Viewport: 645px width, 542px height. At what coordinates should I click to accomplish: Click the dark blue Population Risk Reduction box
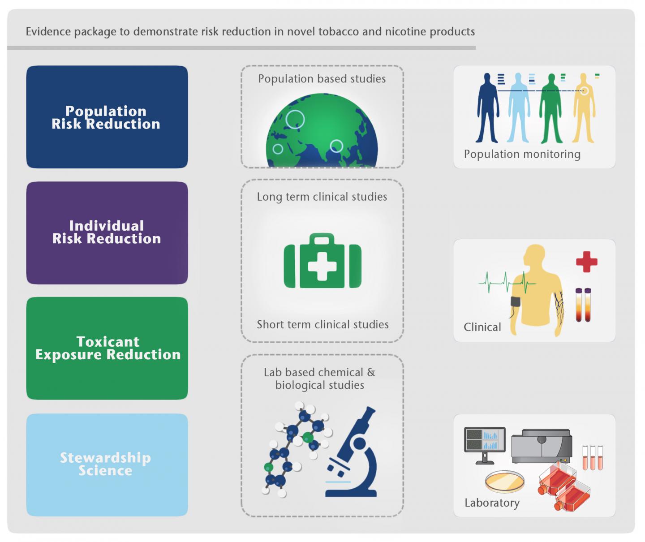point(107,117)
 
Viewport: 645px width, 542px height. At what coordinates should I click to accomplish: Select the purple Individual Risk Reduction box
point(107,232)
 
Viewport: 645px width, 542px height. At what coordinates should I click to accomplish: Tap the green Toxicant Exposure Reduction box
point(107,348)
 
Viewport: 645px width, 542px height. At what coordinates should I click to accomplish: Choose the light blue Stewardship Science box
point(107,465)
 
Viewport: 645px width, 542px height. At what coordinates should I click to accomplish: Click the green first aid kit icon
point(322,261)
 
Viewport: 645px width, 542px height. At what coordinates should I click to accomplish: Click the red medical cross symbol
point(586,262)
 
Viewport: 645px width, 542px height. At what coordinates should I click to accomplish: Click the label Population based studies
point(322,79)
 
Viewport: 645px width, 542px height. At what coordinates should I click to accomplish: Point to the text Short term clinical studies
point(322,324)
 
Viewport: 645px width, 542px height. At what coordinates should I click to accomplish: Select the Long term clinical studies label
point(322,197)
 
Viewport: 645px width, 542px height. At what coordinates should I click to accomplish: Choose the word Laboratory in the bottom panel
point(492,503)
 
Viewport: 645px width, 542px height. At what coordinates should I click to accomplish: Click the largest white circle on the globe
point(295,119)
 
